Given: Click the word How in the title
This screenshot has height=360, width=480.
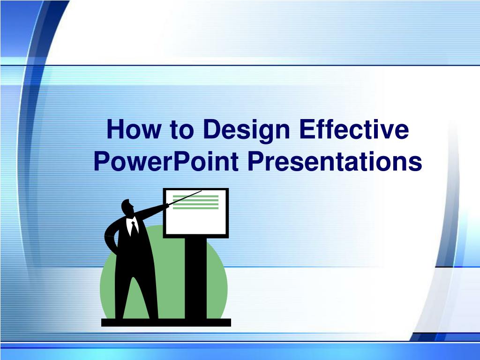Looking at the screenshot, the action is pos(134,129).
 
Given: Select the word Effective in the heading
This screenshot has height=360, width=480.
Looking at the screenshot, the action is pos(354,129).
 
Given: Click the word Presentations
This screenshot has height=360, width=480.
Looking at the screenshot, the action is pos(335,161).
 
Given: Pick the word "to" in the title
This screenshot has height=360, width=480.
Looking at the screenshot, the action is pos(182,130).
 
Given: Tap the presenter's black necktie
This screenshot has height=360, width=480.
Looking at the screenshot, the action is pos(134,229).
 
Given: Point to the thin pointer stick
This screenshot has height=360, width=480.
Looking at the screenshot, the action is pos(185,198).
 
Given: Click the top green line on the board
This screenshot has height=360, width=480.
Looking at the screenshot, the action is pos(195,196).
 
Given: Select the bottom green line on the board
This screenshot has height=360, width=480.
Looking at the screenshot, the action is pos(195,208).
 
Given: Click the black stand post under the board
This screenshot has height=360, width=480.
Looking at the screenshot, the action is pos(195,278).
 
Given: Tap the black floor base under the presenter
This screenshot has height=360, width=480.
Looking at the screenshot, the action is pos(166,322).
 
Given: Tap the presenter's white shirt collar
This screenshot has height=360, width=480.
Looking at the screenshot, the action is pos(132,225).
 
